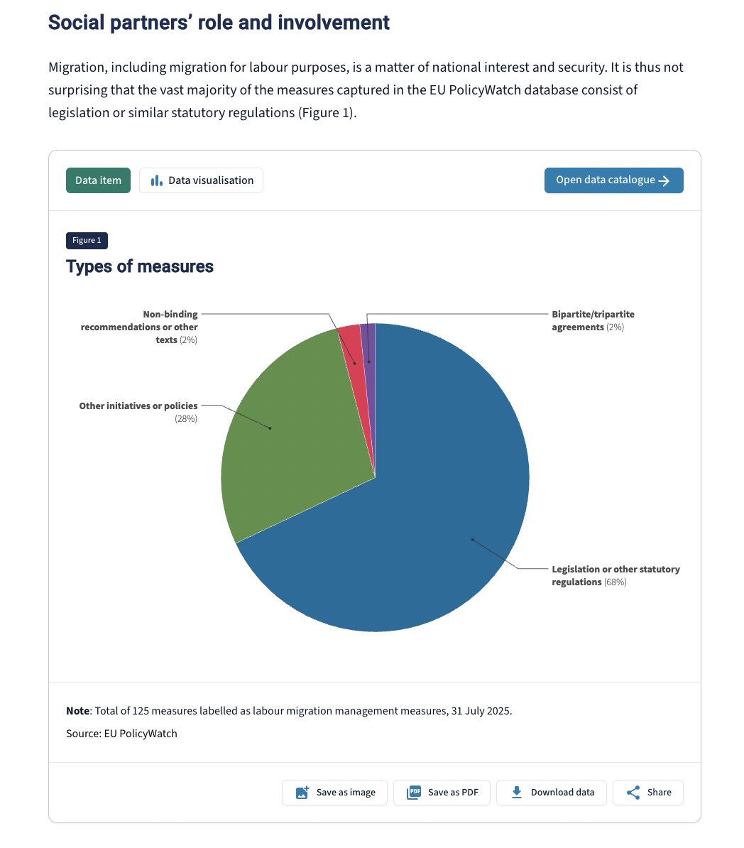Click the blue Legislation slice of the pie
[440, 511]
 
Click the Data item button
[98, 180]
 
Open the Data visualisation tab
[201, 180]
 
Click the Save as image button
[335, 793]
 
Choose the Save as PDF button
[442, 793]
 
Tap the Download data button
[552, 793]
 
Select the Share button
[647, 793]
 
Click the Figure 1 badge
[87, 241]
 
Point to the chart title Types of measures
[140, 267]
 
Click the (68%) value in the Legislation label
[615, 582]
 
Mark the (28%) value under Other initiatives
[186, 419]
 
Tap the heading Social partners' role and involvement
[219, 23]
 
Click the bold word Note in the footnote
[77, 711]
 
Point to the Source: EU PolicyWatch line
[121, 734]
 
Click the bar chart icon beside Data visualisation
[157, 180]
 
